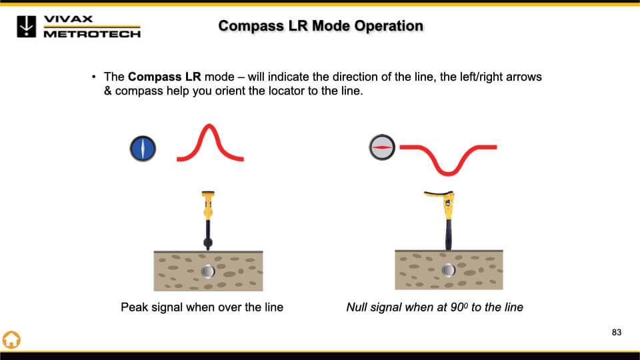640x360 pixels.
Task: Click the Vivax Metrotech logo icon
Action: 27,25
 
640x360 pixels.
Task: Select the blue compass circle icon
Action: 143,148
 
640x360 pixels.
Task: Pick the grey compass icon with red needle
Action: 382,146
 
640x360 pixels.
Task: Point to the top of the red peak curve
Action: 209,126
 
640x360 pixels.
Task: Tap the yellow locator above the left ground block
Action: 207,217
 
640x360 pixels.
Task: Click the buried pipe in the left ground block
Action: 208,271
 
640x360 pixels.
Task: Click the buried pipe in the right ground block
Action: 448,269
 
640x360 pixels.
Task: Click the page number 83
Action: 616,332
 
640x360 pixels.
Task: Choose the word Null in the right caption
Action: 357,307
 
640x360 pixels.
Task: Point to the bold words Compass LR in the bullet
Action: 164,77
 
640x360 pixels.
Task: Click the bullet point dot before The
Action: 94,77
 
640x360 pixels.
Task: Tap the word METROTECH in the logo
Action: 92,34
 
